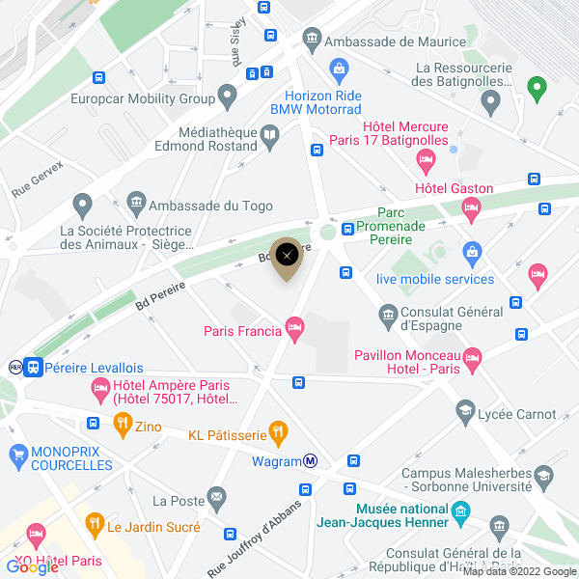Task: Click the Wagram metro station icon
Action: click(x=312, y=460)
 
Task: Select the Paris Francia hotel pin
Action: click(x=296, y=331)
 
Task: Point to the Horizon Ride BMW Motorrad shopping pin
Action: click(x=339, y=69)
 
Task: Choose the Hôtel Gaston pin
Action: click(x=471, y=207)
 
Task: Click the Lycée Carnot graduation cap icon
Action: click(x=466, y=412)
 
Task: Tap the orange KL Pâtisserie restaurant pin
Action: click(x=278, y=430)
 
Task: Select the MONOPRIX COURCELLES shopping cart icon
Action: click(x=17, y=453)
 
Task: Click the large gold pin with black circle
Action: click(x=288, y=256)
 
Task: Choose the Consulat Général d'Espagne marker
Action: click(x=388, y=314)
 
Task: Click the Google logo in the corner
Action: click(x=32, y=567)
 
